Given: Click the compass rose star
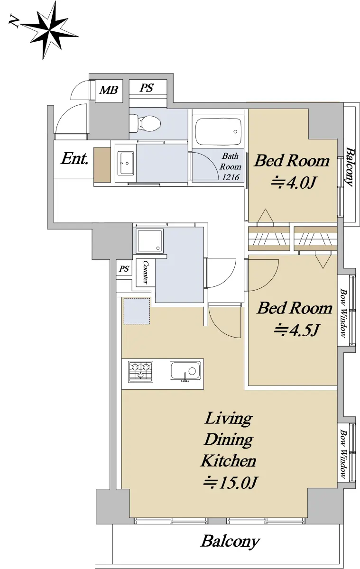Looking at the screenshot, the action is (x=48, y=30).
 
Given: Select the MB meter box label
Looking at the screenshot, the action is (x=109, y=90).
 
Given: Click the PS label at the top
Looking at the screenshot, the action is (x=147, y=88).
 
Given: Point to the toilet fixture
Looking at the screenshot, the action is (x=145, y=123).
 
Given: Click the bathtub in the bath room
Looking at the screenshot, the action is (x=218, y=132).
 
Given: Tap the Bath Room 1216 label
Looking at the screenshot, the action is (x=230, y=166).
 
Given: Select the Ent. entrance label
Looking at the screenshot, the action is (x=74, y=158).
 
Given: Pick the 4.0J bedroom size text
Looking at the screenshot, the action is (x=294, y=183).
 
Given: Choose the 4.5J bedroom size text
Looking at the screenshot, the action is (x=296, y=330).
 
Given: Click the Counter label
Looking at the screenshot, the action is (x=145, y=272).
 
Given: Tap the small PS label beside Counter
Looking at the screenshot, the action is (x=124, y=269).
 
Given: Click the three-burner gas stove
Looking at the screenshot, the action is (x=141, y=371).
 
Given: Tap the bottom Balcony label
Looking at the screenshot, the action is (x=231, y=542).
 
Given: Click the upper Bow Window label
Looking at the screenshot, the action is (x=343, y=313).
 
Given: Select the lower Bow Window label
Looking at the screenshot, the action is (x=343, y=454).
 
